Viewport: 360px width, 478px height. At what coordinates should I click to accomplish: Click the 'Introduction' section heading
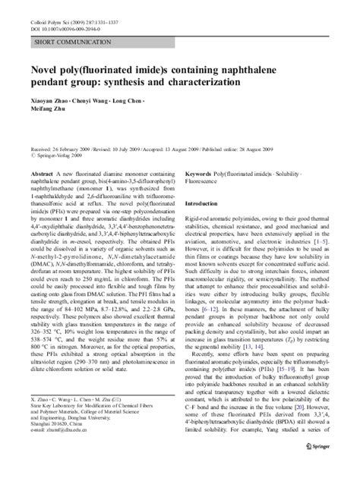[x=205, y=204]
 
